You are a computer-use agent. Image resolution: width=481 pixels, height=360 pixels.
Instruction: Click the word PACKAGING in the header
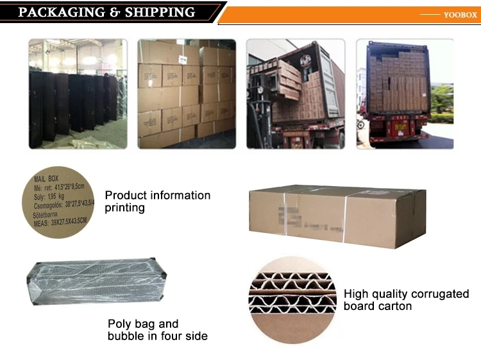(x=60, y=12)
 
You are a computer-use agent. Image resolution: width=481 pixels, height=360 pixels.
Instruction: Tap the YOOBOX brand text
(x=460, y=15)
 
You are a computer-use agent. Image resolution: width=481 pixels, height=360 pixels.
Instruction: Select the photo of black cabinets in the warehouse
(x=78, y=94)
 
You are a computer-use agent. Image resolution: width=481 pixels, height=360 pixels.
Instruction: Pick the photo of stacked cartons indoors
(x=187, y=94)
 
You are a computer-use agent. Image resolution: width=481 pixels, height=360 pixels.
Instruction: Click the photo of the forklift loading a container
(x=296, y=94)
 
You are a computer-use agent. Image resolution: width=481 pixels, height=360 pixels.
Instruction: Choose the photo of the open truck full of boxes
(x=405, y=94)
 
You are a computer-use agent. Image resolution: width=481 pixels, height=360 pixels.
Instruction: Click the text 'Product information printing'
(x=157, y=201)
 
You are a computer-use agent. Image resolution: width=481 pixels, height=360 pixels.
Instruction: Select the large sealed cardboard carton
(x=337, y=216)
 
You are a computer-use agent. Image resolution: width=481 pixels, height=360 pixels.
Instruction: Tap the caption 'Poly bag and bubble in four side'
(x=157, y=330)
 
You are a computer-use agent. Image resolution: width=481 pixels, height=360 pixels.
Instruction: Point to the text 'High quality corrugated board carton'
(x=406, y=300)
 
